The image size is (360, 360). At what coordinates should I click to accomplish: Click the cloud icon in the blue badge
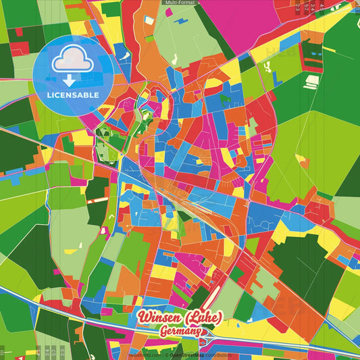(72, 59)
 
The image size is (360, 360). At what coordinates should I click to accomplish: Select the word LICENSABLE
(72, 95)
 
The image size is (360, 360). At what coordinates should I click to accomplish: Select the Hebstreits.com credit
(145, 354)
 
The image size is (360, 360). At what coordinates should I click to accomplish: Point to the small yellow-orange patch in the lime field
(300, 159)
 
